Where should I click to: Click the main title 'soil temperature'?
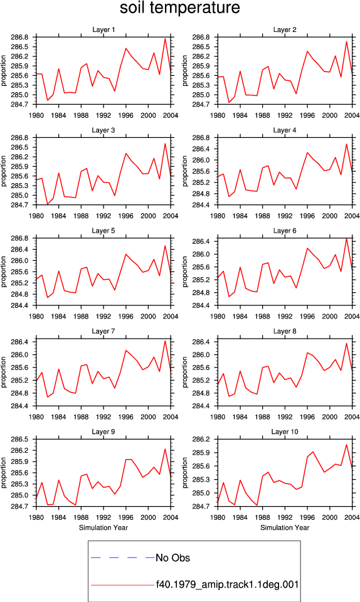(179, 8)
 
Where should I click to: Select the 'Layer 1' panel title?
(103, 29)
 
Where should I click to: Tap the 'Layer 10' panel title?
(284, 431)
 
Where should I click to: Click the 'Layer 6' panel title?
(284, 230)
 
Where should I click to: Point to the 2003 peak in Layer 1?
(165, 38)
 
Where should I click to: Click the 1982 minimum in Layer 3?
(48, 204)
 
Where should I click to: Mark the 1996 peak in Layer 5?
(126, 254)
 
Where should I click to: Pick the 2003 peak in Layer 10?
(347, 445)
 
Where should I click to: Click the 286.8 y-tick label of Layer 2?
(201, 37)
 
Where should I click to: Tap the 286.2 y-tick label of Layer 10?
(201, 439)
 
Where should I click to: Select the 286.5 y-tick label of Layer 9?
(19, 439)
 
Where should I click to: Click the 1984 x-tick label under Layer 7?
(59, 416)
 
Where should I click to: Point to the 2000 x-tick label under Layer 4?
(330, 215)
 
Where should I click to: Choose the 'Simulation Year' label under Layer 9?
(103, 527)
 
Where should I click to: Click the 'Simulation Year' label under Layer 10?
(284, 527)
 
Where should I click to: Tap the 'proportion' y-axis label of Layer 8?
(185, 372)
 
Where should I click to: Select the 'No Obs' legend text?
(172, 558)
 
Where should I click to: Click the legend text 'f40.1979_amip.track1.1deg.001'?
(227, 584)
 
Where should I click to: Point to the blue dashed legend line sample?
(123, 557)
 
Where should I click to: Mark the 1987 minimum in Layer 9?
(76, 505)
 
